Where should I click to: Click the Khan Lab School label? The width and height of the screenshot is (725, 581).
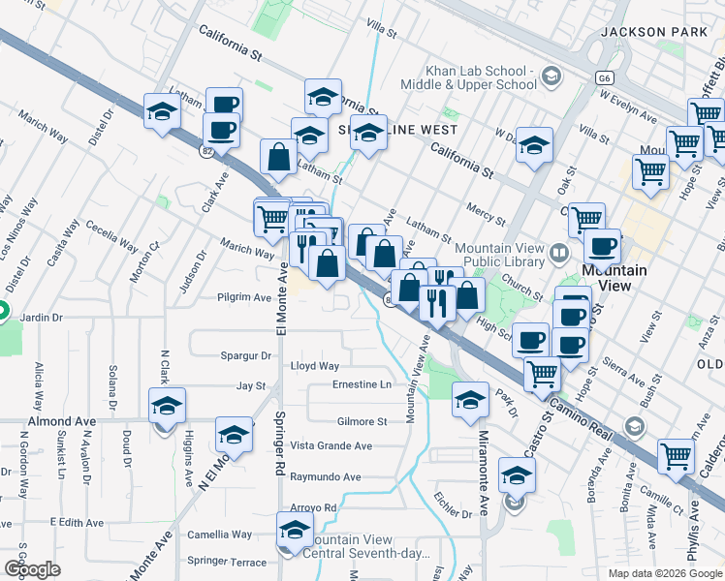coord(479,78)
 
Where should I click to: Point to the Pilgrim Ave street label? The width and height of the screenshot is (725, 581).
coord(244,297)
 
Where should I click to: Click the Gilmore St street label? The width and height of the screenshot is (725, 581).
coord(362,421)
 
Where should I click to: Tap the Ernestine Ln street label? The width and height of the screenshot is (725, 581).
coord(362,384)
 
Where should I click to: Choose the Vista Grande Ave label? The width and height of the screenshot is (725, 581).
coord(331,445)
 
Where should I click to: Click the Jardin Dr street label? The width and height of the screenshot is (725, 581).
coord(41,317)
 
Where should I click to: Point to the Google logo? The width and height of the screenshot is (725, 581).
coord(32,569)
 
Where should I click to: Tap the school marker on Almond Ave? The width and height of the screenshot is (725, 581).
coord(167,406)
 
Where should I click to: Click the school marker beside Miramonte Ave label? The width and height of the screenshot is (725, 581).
coord(517,475)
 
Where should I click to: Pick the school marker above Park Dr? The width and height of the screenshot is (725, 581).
coord(470,399)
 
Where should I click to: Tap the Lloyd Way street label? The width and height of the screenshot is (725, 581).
coord(315,366)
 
